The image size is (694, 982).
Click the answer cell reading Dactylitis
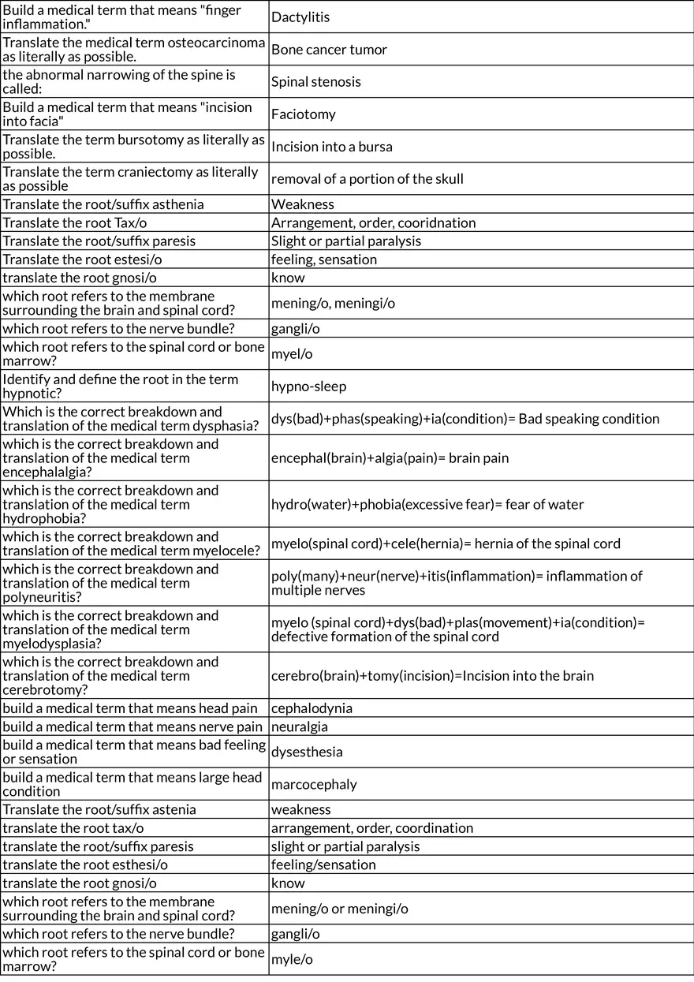click(300, 17)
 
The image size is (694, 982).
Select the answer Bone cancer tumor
click(329, 50)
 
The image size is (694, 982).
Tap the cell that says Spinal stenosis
click(315, 82)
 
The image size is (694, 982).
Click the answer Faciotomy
click(303, 114)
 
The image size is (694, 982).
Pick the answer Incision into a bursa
click(331, 147)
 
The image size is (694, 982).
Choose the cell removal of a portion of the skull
click(367, 179)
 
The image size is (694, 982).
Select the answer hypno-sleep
click(308, 386)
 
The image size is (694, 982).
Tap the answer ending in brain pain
click(390, 458)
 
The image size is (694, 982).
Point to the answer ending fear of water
click(427, 505)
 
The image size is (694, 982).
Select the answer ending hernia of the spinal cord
click(446, 544)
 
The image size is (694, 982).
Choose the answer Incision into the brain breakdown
click(432, 676)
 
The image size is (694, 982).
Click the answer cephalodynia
click(312, 708)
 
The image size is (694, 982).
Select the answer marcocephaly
click(314, 785)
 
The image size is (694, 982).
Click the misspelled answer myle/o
click(292, 960)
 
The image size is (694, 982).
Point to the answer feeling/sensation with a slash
click(323, 865)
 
